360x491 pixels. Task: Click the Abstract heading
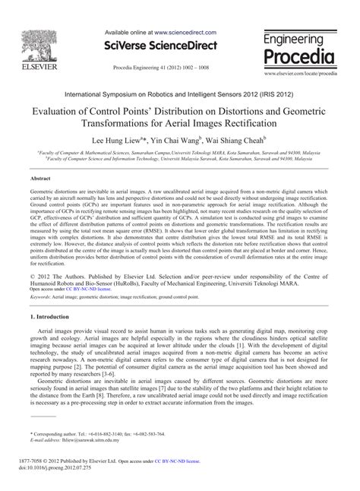point(41,179)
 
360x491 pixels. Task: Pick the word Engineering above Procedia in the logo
point(299,38)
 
